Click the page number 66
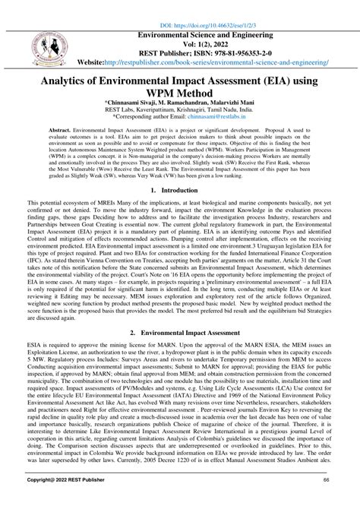[326, 502]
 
